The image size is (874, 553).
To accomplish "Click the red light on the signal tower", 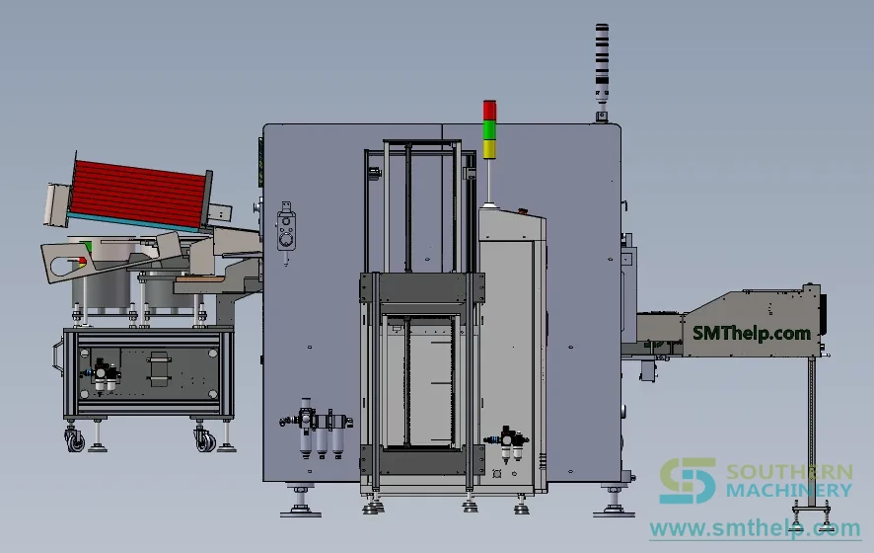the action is click(489, 110).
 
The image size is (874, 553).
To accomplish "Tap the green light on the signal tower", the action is click(489, 129).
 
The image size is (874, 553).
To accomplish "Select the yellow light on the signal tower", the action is click(489, 149).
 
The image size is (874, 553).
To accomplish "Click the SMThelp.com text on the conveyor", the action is click(751, 334).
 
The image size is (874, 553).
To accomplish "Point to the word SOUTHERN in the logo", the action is click(789, 472).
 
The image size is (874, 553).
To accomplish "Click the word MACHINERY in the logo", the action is click(789, 491).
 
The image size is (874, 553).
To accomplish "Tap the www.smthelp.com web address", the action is click(756, 528).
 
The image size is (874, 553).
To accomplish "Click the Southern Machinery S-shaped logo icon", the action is click(688, 481).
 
